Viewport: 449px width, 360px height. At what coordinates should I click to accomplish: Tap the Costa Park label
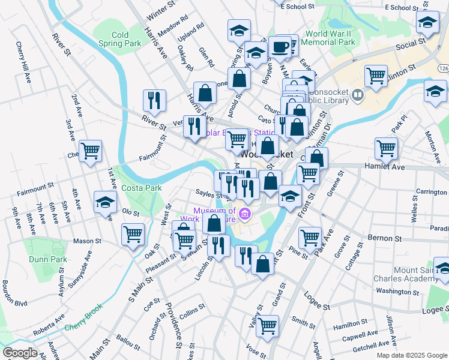click(x=141, y=188)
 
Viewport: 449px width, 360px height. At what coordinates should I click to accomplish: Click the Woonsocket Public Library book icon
click(x=358, y=95)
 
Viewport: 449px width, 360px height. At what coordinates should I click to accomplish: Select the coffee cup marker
click(x=280, y=47)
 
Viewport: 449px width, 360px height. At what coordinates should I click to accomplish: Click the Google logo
click(x=19, y=353)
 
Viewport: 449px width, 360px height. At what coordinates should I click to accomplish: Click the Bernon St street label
click(x=384, y=238)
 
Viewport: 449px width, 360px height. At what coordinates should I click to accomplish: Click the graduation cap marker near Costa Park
click(x=105, y=202)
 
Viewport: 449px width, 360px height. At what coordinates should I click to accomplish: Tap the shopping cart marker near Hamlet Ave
click(x=386, y=148)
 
